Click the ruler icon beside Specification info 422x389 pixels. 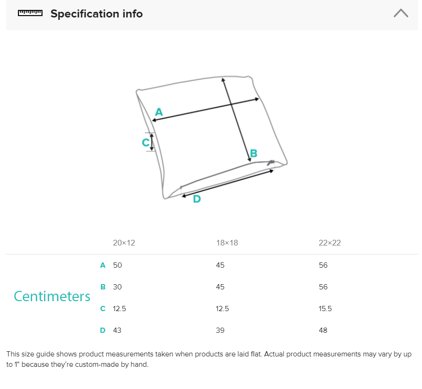click(30, 13)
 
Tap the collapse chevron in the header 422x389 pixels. click(401, 13)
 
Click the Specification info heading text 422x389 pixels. click(97, 14)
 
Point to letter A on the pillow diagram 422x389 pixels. click(159, 112)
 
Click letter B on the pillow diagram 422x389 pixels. click(253, 153)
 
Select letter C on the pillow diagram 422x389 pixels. click(145, 143)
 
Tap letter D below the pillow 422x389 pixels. click(197, 199)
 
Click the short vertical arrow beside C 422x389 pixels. click(152, 142)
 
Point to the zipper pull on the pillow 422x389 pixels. click(270, 162)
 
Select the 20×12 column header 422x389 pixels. click(124, 243)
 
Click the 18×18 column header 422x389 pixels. click(227, 243)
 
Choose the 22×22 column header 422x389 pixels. click(329, 243)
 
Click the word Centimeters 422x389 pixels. click(52, 296)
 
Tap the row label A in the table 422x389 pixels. click(102, 265)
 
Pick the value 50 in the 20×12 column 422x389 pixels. click(118, 265)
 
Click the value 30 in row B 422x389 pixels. click(117, 287)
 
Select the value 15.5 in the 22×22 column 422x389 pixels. click(325, 309)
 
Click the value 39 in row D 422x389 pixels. click(220, 330)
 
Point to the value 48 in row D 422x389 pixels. click(323, 330)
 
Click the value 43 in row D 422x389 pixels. click(117, 330)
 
